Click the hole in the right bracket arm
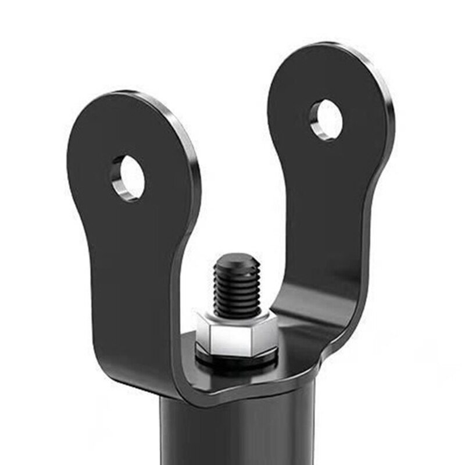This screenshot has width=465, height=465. tap(327, 120)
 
